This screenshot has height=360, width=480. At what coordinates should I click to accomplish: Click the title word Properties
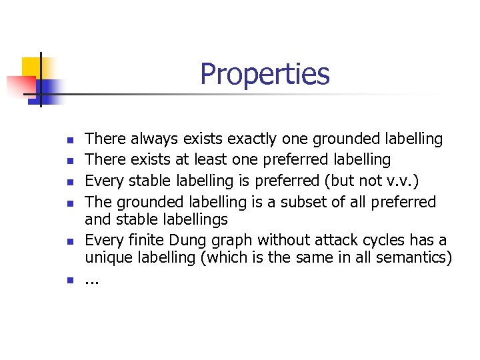265,74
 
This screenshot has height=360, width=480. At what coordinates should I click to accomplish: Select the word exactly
253,139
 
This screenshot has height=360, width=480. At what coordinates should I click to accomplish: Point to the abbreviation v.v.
397,181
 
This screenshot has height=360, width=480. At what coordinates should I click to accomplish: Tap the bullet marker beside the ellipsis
70,280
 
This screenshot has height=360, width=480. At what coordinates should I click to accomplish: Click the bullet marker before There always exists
70,141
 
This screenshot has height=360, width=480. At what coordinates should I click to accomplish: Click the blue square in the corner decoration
49,89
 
